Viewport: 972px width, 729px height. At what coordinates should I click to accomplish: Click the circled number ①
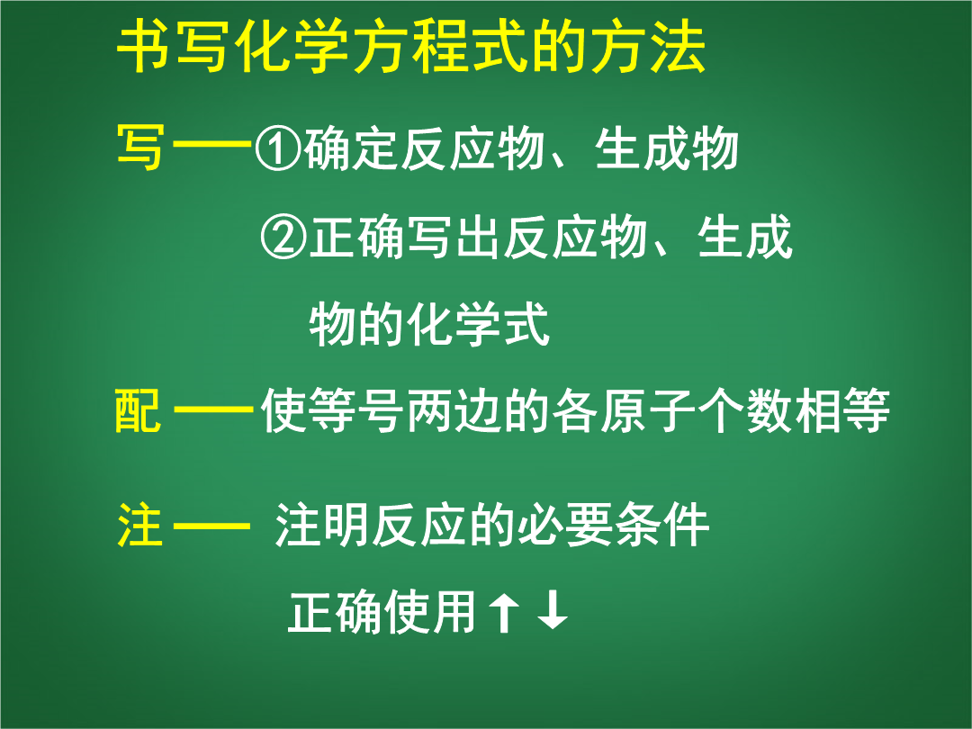pyautogui.click(x=278, y=149)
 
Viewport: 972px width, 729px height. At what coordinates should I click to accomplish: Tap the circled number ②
pyautogui.click(x=283, y=238)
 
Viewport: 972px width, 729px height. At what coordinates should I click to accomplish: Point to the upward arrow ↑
pyautogui.click(x=503, y=612)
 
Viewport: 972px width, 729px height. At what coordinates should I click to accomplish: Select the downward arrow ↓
pyautogui.click(x=553, y=610)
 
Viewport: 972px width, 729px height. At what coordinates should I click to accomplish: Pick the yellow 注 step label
pyautogui.click(x=140, y=525)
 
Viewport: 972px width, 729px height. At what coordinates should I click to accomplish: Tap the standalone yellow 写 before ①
pyautogui.click(x=140, y=148)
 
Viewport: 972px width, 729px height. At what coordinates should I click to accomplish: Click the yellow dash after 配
pyautogui.click(x=213, y=409)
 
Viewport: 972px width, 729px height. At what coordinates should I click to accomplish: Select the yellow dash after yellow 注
pyautogui.click(x=211, y=526)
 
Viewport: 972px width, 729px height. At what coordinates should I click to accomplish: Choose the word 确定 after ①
pyautogui.click(x=351, y=149)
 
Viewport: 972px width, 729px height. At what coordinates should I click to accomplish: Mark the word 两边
pyautogui.click(x=454, y=409)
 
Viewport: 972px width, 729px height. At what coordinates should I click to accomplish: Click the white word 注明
pyautogui.click(x=322, y=526)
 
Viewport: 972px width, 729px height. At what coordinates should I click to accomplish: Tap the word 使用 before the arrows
pyautogui.click(x=431, y=612)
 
